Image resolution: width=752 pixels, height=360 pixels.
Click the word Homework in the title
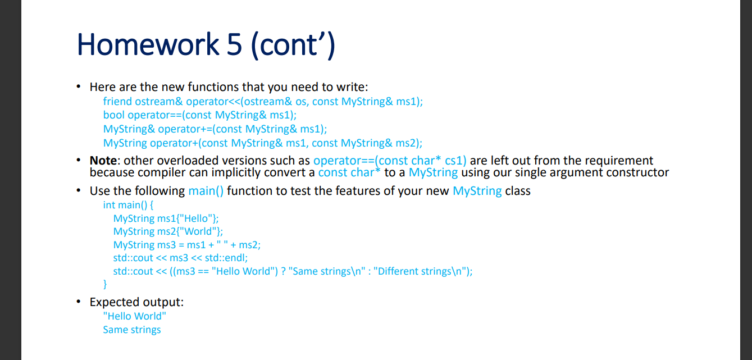click(x=148, y=44)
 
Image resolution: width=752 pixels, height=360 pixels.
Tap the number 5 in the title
click(x=234, y=44)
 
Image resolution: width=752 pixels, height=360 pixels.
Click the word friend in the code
click(x=117, y=102)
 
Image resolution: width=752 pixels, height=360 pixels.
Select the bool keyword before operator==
click(x=114, y=115)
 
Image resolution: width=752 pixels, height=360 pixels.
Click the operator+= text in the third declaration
click(x=185, y=129)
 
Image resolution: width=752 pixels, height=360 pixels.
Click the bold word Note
click(x=103, y=161)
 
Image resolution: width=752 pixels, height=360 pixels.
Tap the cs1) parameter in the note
click(x=455, y=161)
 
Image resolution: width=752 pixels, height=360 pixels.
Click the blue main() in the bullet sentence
click(x=206, y=191)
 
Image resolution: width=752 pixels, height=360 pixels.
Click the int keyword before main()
click(x=109, y=205)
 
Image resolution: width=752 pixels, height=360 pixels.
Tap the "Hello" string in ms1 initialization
click(x=195, y=218)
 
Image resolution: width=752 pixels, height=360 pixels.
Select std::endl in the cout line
click(x=226, y=258)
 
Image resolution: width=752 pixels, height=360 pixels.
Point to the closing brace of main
click(x=105, y=284)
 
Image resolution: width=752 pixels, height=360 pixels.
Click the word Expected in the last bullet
click(x=113, y=302)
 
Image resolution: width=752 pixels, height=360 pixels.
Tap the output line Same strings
click(x=132, y=330)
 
